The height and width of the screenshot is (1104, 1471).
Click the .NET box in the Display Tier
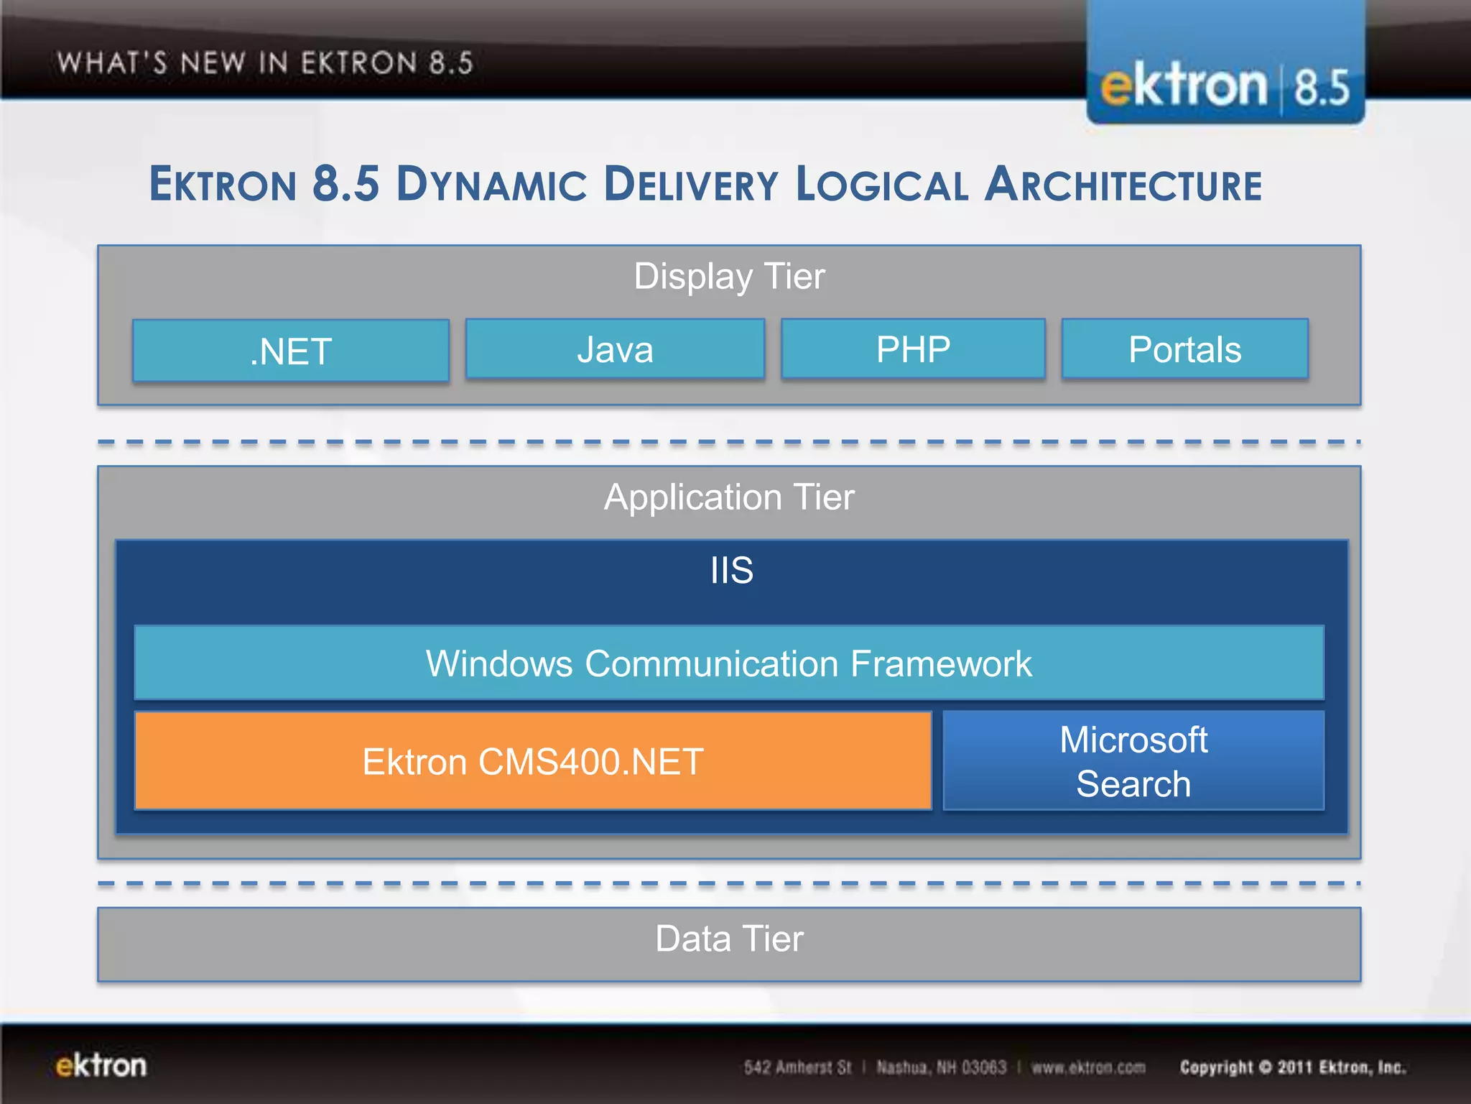(291, 351)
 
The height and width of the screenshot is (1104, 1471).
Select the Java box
(615, 349)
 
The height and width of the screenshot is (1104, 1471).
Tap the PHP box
(913, 349)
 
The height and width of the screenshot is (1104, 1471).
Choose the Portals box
(1184, 349)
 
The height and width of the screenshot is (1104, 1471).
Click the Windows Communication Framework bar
(728, 663)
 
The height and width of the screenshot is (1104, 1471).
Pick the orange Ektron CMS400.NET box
(532, 761)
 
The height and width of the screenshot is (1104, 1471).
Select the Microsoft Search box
(1133, 761)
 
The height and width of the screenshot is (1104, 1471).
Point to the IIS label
(731, 571)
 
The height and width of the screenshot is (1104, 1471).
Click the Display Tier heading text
(729, 277)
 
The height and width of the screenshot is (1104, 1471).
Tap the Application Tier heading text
(729, 497)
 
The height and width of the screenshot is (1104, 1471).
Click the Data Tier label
(729, 939)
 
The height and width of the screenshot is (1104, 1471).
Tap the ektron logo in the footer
(101, 1065)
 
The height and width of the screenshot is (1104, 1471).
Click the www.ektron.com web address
(1088, 1067)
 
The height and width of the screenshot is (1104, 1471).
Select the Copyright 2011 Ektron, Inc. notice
(1292, 1067)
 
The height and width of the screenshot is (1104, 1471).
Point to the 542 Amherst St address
(797, 1067)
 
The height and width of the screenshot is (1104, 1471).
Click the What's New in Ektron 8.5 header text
(265, 63)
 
